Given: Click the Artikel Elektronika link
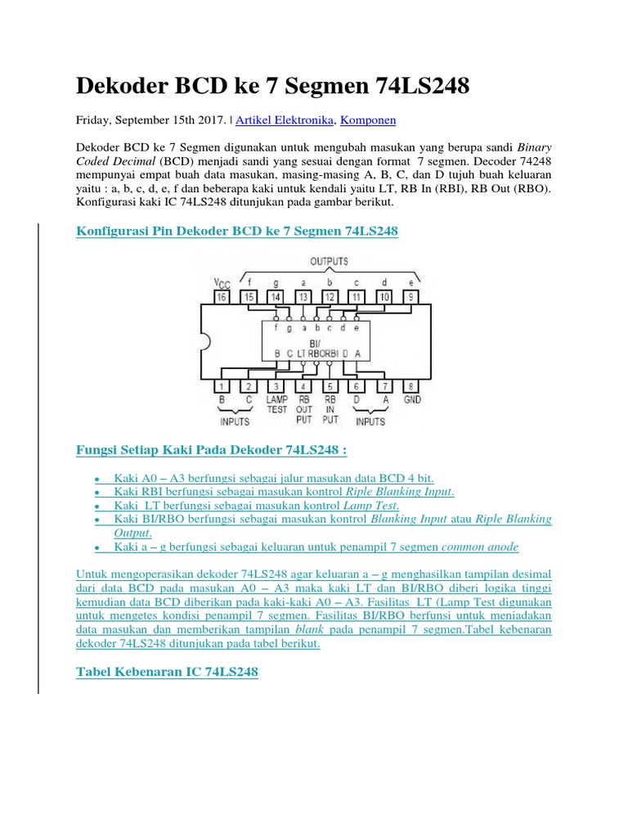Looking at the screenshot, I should pos(285,119).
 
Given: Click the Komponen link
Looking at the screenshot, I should pos(368,119).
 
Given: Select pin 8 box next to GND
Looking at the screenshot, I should pos(411,385).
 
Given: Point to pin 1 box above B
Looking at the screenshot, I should pos(222,385).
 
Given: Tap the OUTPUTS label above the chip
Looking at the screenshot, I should pos(329,261).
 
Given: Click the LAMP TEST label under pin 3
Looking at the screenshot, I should pos(277,404).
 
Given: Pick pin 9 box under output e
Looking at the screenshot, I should pos(411,296).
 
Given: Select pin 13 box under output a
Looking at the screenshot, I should pos(303,296).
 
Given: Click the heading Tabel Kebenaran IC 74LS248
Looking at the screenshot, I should pos(167,672).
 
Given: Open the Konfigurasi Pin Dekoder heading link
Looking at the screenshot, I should pos(236,231).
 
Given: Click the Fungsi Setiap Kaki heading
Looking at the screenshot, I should pos(211,450).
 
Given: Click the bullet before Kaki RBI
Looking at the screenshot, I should pos(97,493).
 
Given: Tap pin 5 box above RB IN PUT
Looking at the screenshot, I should pos(330,385).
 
